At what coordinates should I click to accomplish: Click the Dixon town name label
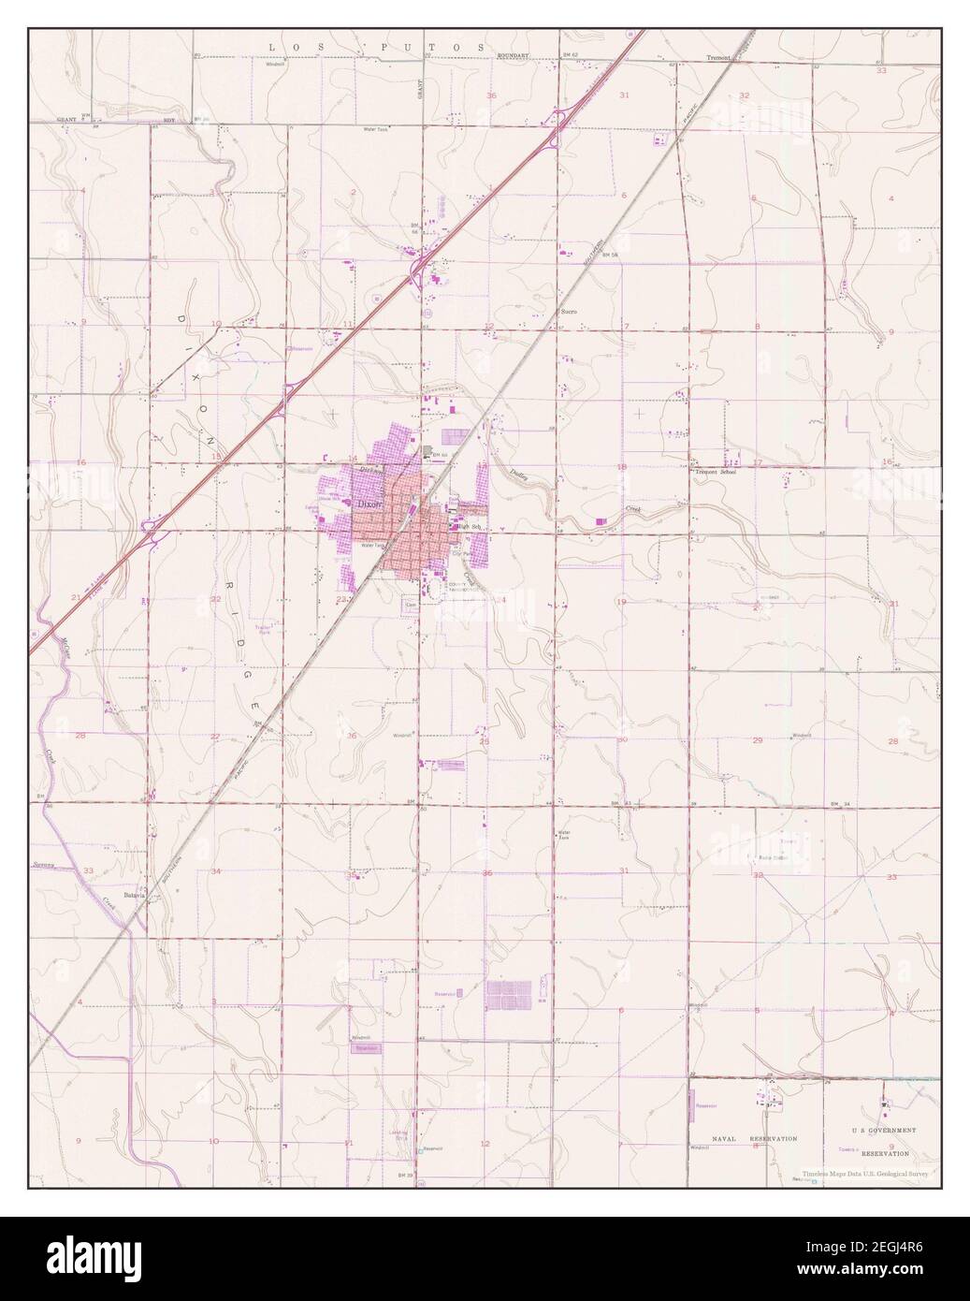point(371,504)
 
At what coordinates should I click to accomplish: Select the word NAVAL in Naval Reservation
point(726,1139)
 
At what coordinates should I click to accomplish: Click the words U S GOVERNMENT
point(885,1131)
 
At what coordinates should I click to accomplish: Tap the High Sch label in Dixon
point(469,527)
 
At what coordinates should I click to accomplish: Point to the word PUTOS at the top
point(447,46)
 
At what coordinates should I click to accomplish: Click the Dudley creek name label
point(519,475)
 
